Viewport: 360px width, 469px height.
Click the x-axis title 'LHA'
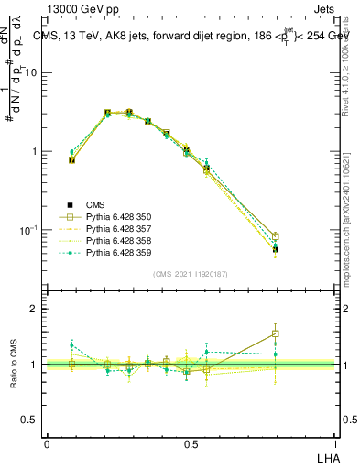tap(326, 458)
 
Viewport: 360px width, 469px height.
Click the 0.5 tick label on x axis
tap(191, 443)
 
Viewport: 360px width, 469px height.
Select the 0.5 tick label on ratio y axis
tap(31, 420)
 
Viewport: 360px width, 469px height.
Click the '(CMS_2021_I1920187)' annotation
tap(191, 273)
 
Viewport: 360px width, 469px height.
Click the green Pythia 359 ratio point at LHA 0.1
tap(71, 345)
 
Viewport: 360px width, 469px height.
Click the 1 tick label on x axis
tap(335, 443)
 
